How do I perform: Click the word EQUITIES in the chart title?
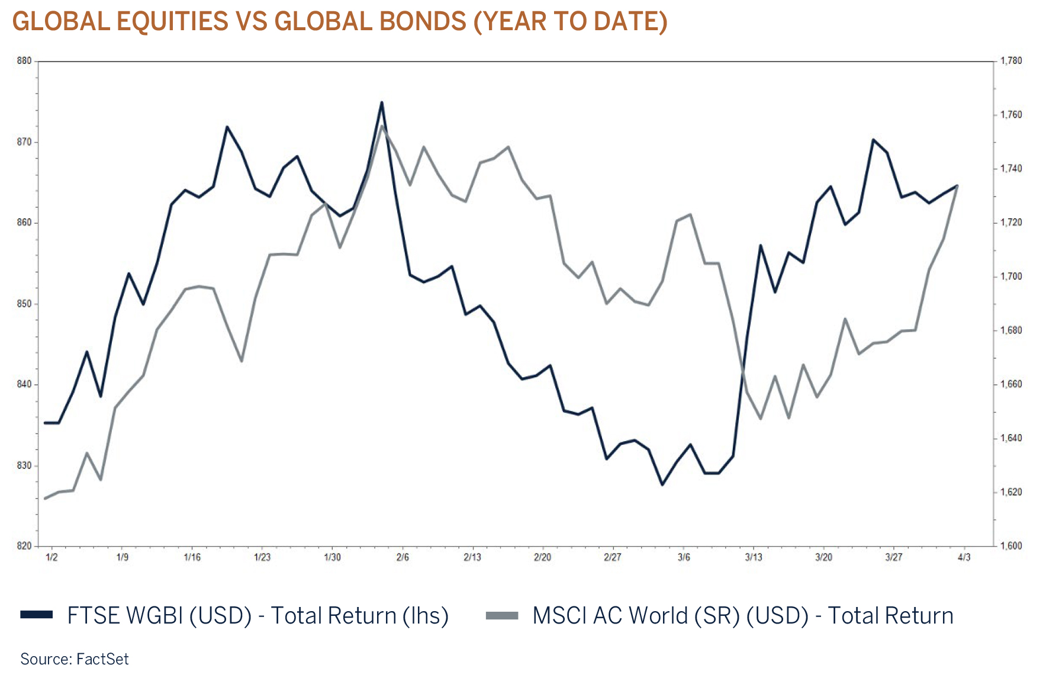pos(172,22)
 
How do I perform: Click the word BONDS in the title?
pos(423,22)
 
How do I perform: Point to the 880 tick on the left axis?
pos(24,61)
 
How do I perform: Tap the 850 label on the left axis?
pos(24,304)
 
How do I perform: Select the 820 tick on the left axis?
pos(24,546)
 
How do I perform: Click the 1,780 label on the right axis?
pos(1011,61)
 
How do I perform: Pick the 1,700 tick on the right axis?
pos(1011,277)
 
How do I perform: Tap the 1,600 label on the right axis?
pos(1011,546)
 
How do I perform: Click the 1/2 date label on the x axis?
pos(51,557)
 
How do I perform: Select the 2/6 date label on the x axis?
pos(403,557)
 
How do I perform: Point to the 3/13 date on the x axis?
pos(754,557)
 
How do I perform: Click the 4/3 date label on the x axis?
pos(964,557)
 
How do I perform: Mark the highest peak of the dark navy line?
pos(382,102)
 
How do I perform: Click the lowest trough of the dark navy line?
pos(662,484)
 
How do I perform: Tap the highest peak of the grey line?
pos(382,126)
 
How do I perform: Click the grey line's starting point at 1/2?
pos(46,498)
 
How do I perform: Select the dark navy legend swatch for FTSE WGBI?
pos(36,615)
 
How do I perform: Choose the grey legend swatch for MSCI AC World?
pos(501,615)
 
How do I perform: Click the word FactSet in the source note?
pos(102,659)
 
